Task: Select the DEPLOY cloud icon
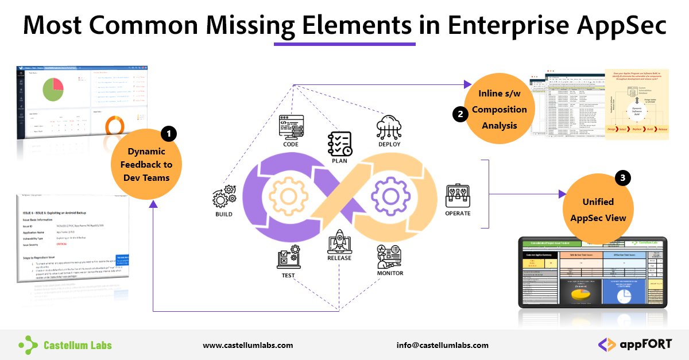pyautogui.click(x=389, y=126)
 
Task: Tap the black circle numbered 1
pyautogui.click(x=168, y=134)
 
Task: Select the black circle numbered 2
pyautogui.click(x=459, y=114)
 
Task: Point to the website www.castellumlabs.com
pyautogui.click(x=248, y=345)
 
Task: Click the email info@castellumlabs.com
pyautogui.click(x=442, y=345)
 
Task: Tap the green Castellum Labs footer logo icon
pyautogui.click(x=28, y=344)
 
